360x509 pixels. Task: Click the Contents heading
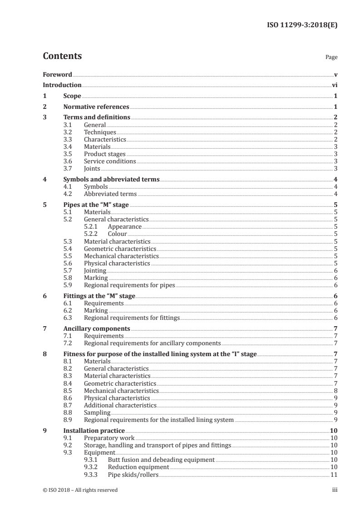tap(62, 56)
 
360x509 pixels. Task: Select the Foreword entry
tap(57, 74)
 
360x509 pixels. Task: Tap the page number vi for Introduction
tap(334, 85)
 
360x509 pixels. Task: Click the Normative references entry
tap(96, 107)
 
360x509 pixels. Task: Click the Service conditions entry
tap(110, 161)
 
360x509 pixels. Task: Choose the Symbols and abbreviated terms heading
tap(111, 179)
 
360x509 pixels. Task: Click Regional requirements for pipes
tap(129, 285)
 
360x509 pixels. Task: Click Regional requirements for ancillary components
tap(153, 343)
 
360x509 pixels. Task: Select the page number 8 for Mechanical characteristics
tap(335, 390)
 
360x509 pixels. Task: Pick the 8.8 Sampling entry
tap(97, 412)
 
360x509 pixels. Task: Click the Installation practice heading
tap(94, 431)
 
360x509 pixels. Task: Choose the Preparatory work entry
tap(109, 438)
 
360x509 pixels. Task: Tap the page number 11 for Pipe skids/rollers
tap(334, 474)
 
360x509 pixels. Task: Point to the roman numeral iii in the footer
tap(335, 490)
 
